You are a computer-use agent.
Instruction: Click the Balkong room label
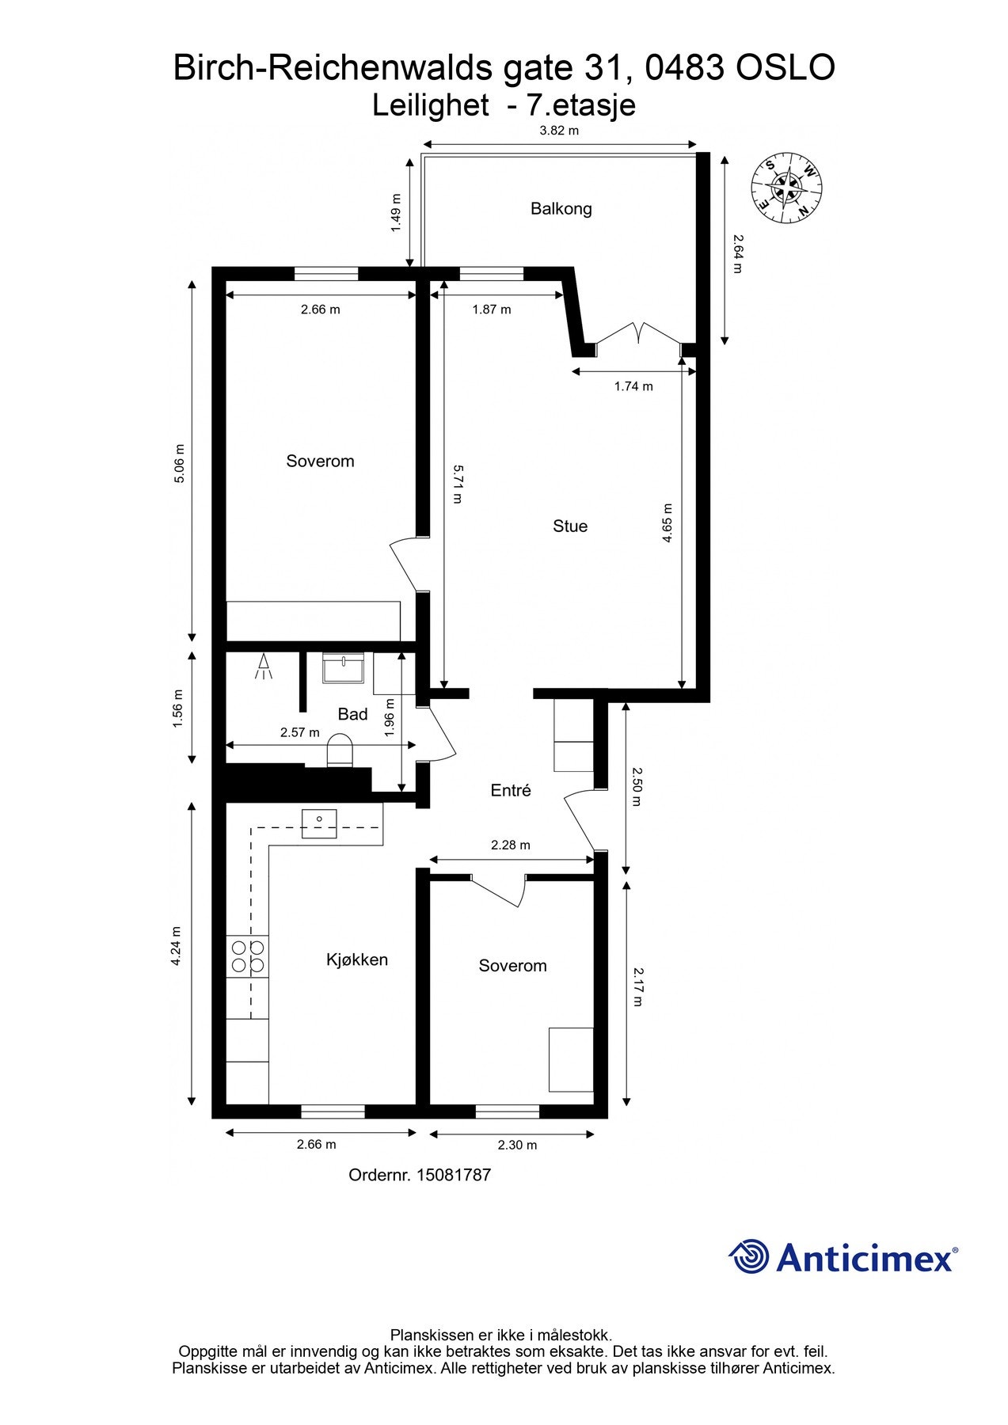pyautogui.click(x=561, y=209)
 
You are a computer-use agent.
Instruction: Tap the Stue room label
pyautogui.click(x=570, y=526)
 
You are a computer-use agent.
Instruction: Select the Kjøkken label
pyautogui.click(x=357, y=960)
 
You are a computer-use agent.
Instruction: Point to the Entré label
pyautogui.click(x=511, y=790)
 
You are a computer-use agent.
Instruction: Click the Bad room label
pyautogui.click(x=352, y=714)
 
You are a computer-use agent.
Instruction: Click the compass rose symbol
pyautogui.click(x=787, y=188)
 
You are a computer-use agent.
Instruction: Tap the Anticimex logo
pyautogui.click(x=843, y=1256)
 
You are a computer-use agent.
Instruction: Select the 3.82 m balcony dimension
pyautogui.click(x=559, y=131)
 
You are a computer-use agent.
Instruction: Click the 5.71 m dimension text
pyautogui.click(x=458, y=484)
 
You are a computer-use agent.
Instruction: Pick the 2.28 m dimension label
pyautogui.click(x=511, y=845)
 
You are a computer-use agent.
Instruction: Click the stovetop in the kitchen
pyautogui.click(x=247, y=956)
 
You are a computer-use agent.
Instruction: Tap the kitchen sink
pyautogui.click(x=319, y=824)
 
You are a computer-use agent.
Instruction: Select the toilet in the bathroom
pyautogui.click(x=340, y=750)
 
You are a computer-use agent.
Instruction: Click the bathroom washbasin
pyautogui.click(x=343, y=667)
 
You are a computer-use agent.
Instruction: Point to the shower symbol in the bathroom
pyautogui.click(x=262, y=667)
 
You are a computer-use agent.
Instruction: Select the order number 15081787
pyautogui.click(x=420, y=1175)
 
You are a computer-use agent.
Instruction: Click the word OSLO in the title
pyautogui.click(x=785, y=68)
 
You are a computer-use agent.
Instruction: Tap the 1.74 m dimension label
pyautogui.click(x=633, y=386)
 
